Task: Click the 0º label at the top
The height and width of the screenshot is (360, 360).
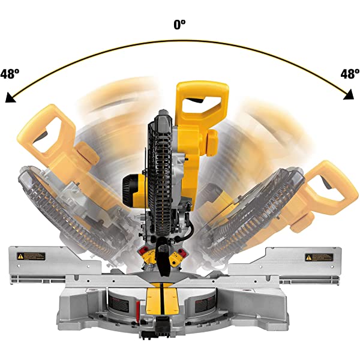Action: tap(179, 25)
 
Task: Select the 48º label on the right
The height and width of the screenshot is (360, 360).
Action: tap(349, 74)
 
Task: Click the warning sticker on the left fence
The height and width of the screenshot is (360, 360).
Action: tap(31, 256)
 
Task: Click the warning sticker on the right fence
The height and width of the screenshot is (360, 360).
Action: tap(319, 257)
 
